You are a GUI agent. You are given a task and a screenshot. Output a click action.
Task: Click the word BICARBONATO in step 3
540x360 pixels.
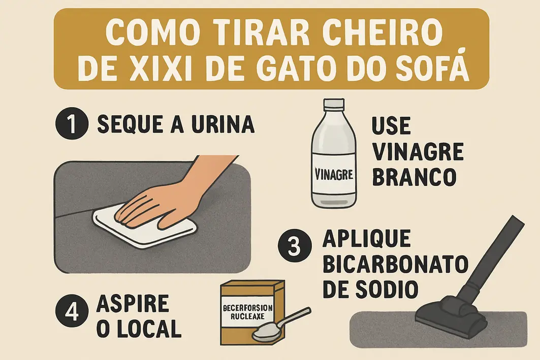tap(394, 264)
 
